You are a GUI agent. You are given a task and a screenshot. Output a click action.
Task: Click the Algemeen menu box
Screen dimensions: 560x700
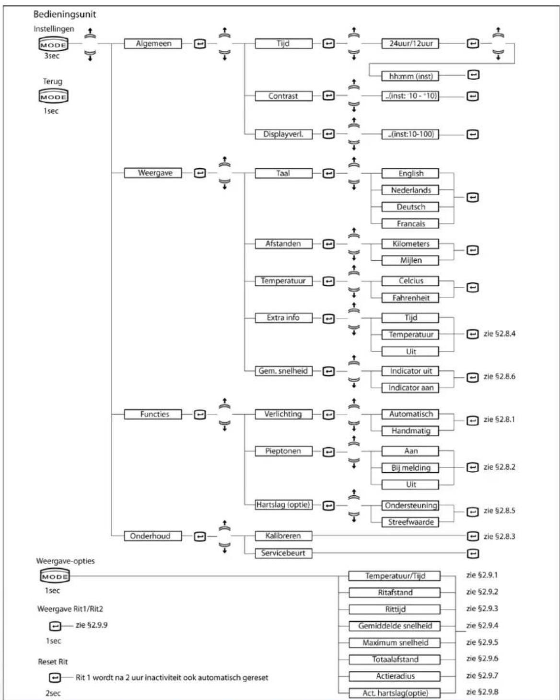click(x=153, y=44)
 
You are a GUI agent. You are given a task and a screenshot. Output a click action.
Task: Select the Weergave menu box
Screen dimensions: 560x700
click(x=153, y=173)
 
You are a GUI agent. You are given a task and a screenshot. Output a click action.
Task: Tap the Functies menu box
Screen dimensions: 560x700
click(x=153, y=414)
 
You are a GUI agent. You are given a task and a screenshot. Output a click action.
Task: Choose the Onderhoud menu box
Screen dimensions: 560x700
click(x=153, y=536)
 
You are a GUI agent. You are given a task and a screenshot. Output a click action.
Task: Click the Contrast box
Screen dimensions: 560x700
click(x=283, y=96)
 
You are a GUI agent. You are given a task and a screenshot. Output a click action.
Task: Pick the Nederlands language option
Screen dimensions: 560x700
click(x=410, y=190)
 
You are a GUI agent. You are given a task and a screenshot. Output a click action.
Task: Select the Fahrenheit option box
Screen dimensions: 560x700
click(x=410, y=298)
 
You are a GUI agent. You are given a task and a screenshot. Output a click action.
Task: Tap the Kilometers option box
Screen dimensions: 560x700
click(x=410, y=244)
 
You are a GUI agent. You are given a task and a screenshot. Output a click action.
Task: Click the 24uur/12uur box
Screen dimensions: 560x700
click(x=410, y=44)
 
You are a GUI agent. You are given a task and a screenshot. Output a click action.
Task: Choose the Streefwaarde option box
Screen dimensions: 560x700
click(x=410, y=522)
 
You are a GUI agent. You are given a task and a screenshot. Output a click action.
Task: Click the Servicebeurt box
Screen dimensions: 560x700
click(x=283, y=553)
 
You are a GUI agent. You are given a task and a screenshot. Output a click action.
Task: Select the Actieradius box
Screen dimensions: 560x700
click(x=395, y=676)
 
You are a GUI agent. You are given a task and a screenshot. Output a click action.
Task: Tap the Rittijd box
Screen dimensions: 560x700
click(x=395, y=609)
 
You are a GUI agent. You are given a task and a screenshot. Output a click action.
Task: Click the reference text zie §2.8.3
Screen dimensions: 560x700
click(x=499, y=537)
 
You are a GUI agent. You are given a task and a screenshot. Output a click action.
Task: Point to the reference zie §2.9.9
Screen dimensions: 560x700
click(x=92, y=625)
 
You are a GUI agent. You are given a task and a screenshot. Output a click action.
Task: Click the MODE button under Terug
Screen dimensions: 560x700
click(x=53, y=96)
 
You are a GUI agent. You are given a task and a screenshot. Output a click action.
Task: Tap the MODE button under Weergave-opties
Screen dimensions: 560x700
click(x=55, y=576)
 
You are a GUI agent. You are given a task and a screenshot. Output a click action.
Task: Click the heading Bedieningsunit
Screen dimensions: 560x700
click(x=64, y=14)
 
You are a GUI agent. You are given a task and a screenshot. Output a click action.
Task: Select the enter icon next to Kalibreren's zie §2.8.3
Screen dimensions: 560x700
click(x=472, y=536)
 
